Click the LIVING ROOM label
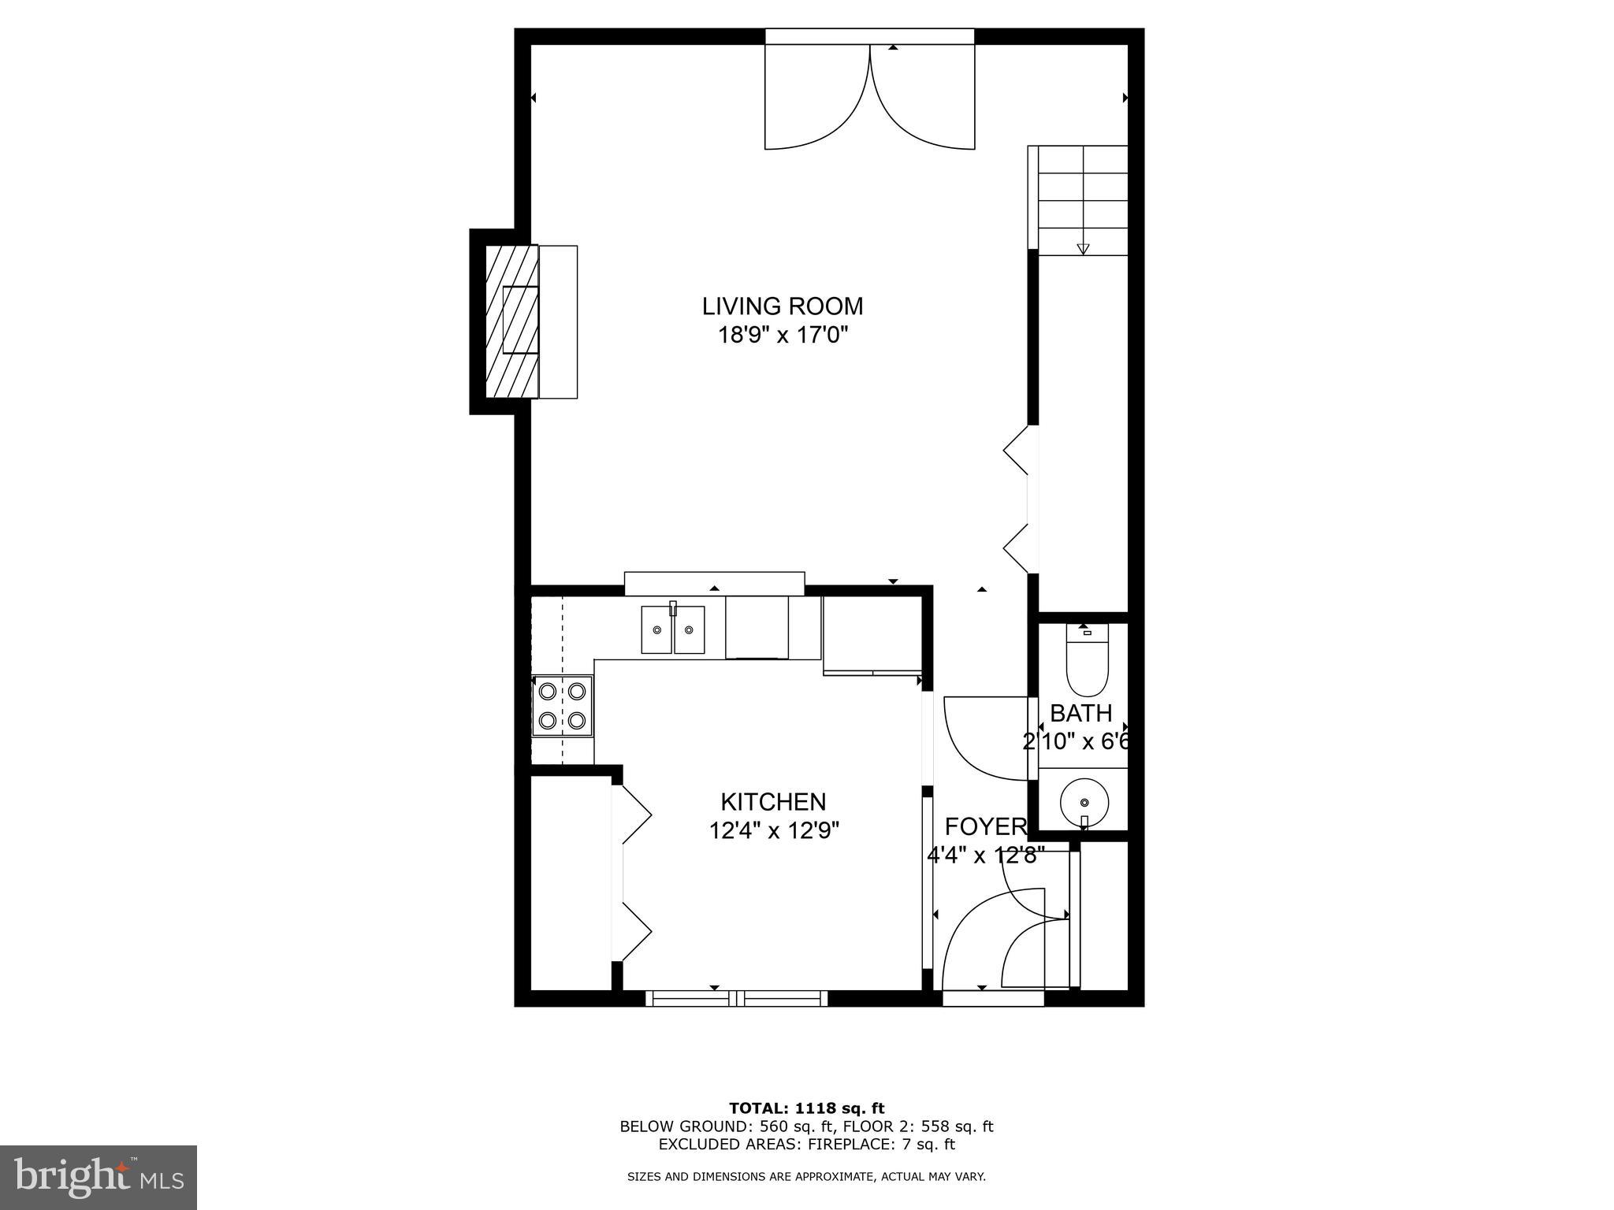[x=783, y=306]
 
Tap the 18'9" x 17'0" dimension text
[x=783, y=335]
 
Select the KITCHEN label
[x=773, y=802]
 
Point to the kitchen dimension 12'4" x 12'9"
[x=773, y=830]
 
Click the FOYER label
[x=985, y=826]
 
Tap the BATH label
[x=1080, y=714]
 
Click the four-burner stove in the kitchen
[x=563, y=706]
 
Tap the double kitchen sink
[x=672, y=629]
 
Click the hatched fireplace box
[x=512, y=321]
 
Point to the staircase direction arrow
[x=1083, y=249]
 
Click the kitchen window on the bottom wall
[x=737, y=999]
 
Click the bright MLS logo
[x=98, y=1177]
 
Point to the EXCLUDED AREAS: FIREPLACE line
[x=806, y=1145]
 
